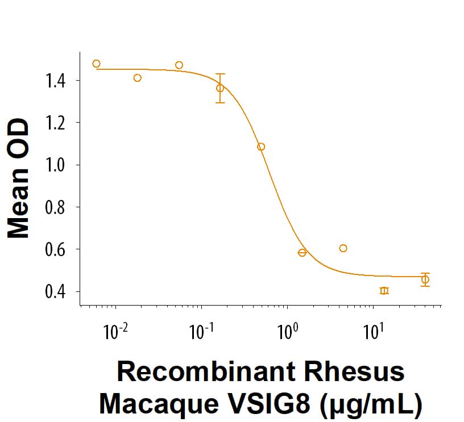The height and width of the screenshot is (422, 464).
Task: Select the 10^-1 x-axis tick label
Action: coord(200,331)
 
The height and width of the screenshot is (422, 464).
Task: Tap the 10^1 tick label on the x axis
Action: coord(372,331)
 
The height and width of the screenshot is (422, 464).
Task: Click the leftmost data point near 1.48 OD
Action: coord(96,64)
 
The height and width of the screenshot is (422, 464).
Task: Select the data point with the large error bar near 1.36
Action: coord(220,88)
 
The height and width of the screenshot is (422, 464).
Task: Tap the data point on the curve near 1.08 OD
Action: coord(261,147)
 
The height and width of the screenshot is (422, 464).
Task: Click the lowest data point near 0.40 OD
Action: coord(384,291)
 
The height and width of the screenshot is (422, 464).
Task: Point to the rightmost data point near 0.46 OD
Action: coord(425,279)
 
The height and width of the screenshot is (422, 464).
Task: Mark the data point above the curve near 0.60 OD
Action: coord(343,248)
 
